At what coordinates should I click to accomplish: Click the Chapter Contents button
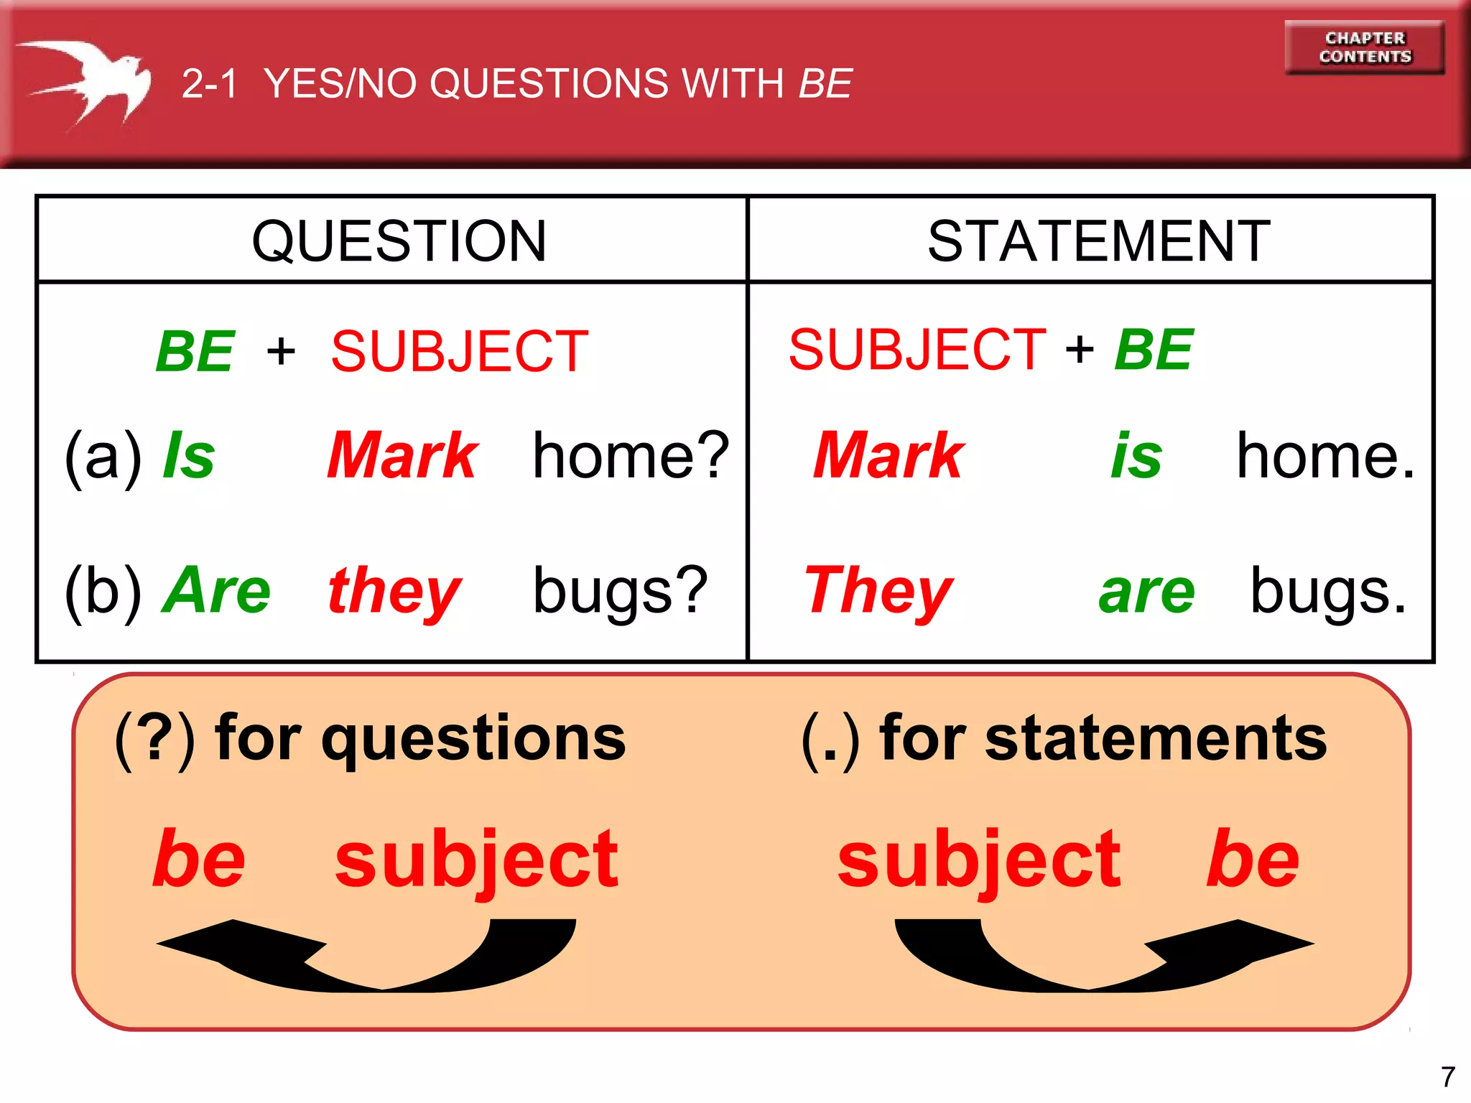[x=1365, y=47]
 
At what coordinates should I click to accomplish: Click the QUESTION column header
[x=399, y=241]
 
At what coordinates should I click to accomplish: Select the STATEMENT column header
[x=1098, y=241]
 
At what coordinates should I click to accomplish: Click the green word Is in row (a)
[x=189, y=456]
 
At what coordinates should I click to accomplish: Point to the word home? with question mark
[x=631, y=456]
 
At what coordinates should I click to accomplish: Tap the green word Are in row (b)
[x=217, y=590]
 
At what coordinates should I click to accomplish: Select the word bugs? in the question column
[x=620, y=590]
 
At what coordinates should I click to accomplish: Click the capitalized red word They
[x=878, y=590]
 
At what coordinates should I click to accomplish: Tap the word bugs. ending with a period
[x=1327, y=590]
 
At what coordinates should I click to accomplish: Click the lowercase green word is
[x=1136, y=456]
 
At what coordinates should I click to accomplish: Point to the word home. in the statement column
[x=1325, y=456]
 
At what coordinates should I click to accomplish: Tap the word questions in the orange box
[x=474, y=740]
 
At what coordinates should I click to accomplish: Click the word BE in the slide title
[x=825, y=83]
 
